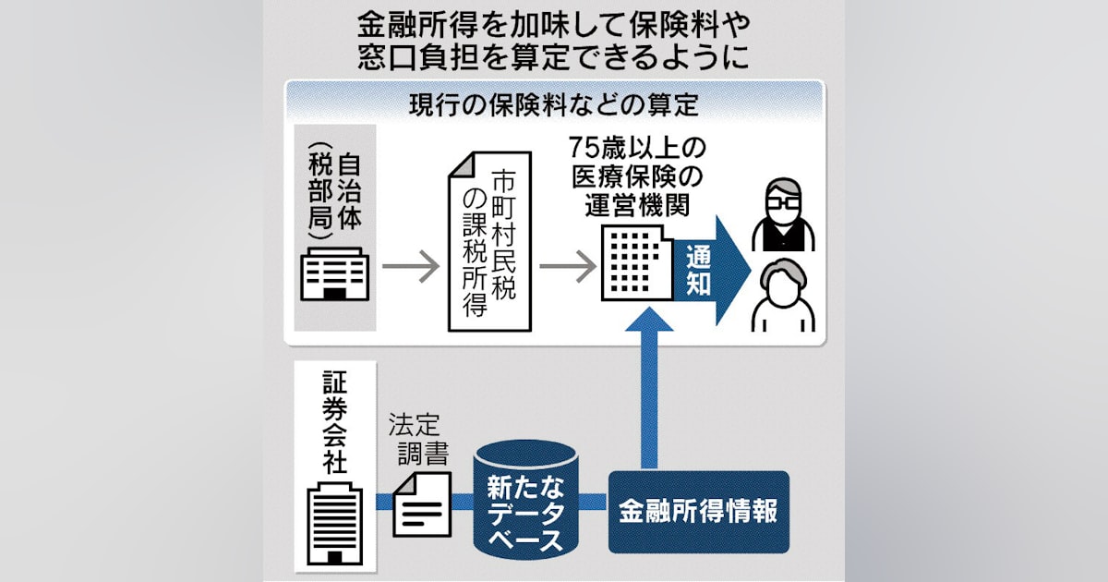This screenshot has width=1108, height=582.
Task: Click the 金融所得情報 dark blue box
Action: point(699,512)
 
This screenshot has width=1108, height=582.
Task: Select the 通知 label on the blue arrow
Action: point(699,270)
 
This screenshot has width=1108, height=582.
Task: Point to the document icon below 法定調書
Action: point(422,503)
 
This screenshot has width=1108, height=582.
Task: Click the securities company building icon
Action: point(333,523)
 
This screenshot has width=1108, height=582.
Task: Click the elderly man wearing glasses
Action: point(782,216)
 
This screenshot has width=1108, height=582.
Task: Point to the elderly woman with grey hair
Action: point(782,295)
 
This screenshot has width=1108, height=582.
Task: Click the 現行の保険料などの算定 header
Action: point(554,104)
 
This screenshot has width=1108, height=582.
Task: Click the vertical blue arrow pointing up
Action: point(653,388)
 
